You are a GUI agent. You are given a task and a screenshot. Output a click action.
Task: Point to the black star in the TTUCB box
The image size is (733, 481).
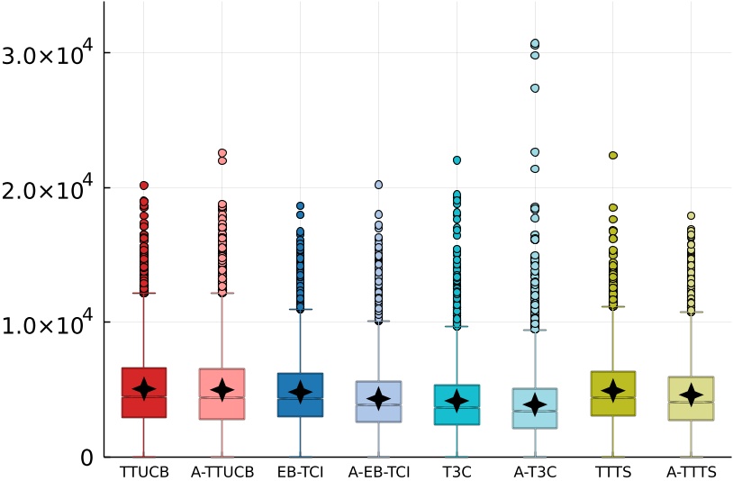click(144, 389)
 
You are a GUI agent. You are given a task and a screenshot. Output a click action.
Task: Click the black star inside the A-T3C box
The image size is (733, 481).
click(535, 404)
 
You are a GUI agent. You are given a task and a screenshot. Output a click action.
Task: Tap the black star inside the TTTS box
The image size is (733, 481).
click(613, 390)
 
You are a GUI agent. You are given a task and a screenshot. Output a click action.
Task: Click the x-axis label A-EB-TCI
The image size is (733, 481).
click(378, 471)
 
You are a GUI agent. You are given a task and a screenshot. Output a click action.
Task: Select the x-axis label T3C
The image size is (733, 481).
click(457, 471)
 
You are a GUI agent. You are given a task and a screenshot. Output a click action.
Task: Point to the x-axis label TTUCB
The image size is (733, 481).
click(144, 471)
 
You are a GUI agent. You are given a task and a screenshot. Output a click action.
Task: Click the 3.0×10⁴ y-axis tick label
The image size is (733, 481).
click(46, 53)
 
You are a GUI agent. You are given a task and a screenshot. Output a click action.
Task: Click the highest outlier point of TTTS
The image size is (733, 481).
click(613, 155)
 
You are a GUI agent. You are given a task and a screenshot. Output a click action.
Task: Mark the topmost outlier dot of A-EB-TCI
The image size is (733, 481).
click(378, 185)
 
